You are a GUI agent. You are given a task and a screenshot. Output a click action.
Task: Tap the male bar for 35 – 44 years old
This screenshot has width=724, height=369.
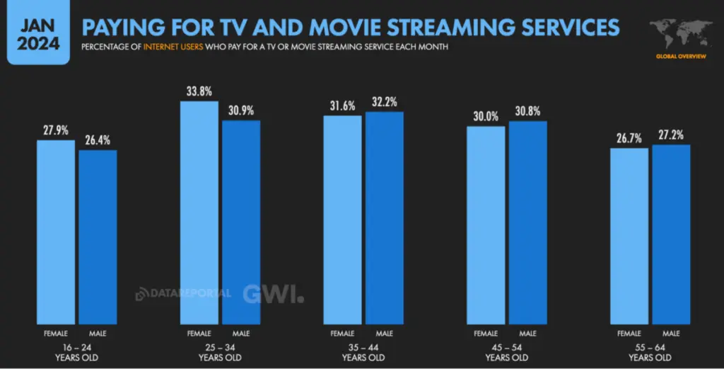[x=384, y=216]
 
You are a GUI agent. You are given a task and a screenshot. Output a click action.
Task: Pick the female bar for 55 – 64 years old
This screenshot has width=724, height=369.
[x=629, y=234]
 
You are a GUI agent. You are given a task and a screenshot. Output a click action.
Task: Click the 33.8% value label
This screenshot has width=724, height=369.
[x=199, y=91]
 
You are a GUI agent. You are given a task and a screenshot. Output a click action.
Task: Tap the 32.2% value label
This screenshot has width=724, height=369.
[x=384, y=101]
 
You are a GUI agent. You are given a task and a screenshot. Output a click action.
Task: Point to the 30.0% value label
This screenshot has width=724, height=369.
[x=486, y=116]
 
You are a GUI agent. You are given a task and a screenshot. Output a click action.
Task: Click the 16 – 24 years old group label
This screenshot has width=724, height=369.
[x=77, y=353]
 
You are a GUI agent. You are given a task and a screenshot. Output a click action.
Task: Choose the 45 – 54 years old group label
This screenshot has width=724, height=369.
[x=507, y=353]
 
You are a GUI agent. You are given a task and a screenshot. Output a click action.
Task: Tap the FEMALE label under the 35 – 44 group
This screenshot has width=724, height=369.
[x=342, y=333]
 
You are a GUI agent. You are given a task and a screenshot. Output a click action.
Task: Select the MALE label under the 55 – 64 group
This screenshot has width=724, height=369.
[x=671, y=333]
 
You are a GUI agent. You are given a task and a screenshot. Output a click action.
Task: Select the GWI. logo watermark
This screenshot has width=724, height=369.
[x=273, y=294]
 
